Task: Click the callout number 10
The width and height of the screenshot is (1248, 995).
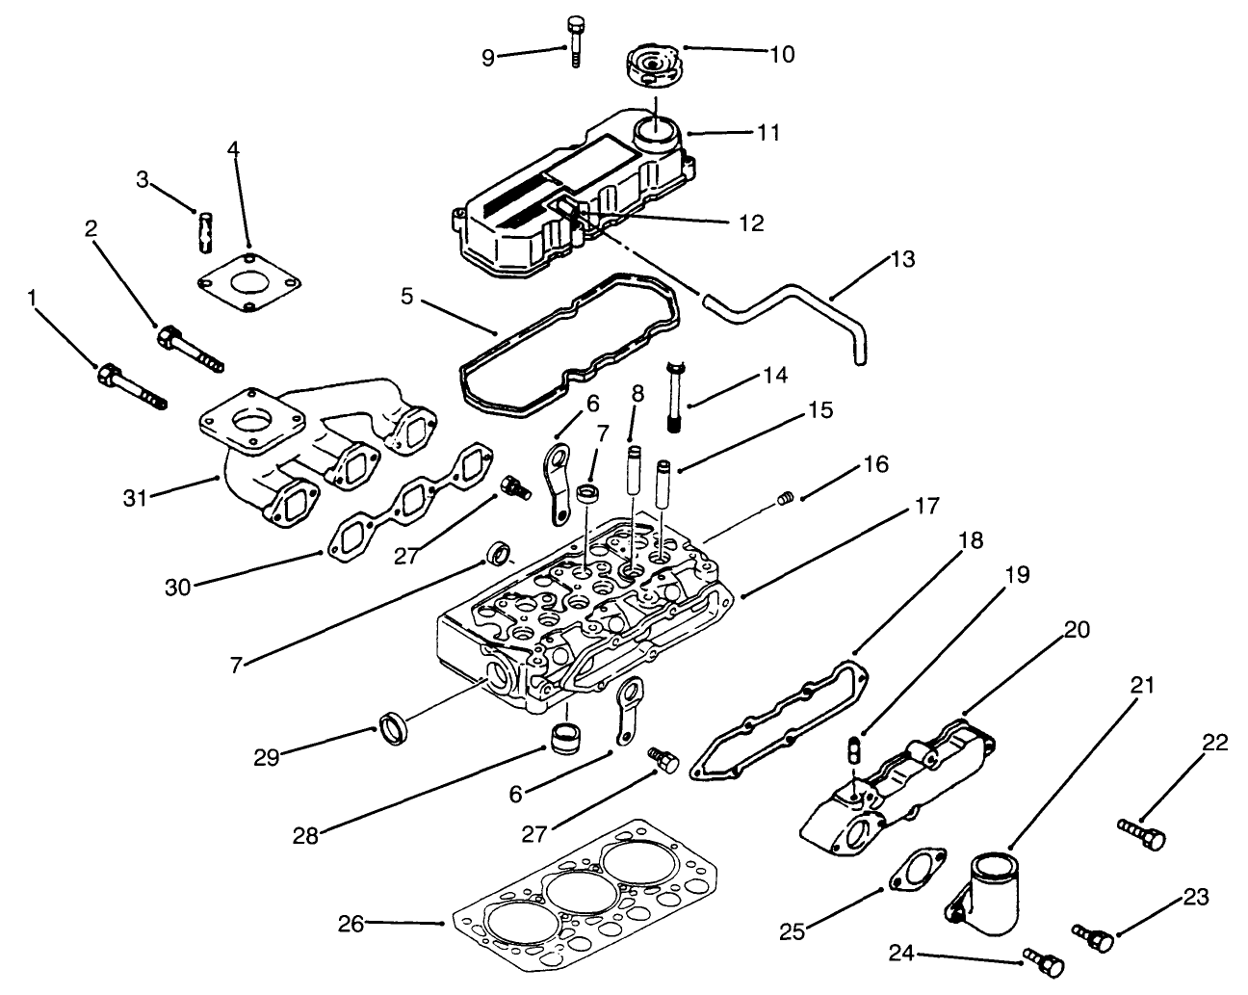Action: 782,55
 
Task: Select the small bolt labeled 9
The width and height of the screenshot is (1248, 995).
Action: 575,40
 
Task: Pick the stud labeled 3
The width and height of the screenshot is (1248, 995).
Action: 205,229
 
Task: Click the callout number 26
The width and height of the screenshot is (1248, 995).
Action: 351,924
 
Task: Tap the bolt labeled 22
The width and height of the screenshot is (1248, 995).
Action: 1142,834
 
